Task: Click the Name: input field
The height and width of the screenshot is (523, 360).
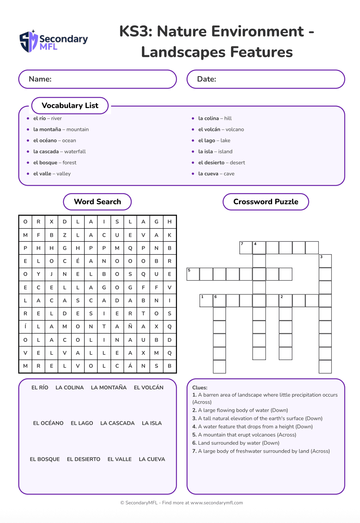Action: coord(97,79)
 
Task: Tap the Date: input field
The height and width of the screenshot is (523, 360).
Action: coord(266,79)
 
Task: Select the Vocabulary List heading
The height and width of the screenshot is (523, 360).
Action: coord(70,105)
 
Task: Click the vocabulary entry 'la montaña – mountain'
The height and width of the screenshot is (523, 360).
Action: coord(61,129)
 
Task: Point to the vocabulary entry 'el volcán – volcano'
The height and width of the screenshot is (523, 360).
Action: coord(221,129)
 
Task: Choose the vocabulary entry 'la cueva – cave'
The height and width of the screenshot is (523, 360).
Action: coord(216,174)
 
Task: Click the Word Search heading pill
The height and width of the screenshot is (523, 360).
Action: coord(97,202)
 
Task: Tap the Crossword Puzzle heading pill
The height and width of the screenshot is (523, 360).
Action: coord(266,202)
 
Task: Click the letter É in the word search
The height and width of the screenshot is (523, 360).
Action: coord(78,261)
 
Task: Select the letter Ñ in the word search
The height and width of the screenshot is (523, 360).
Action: coord(130,327)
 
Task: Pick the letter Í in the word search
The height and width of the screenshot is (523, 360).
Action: coord(25,327)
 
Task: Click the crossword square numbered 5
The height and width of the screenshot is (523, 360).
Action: coord(193,274)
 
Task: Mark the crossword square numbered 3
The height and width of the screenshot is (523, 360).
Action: coord(325,261)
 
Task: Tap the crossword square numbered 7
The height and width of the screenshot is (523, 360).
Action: coord(246,248)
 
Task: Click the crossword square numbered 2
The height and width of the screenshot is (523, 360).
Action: coord(285,300)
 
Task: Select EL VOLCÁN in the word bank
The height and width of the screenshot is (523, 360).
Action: coord(148,387)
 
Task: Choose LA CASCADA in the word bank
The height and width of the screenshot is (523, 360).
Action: coord(117,423)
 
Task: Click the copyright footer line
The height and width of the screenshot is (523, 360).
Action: coord(182,503)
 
